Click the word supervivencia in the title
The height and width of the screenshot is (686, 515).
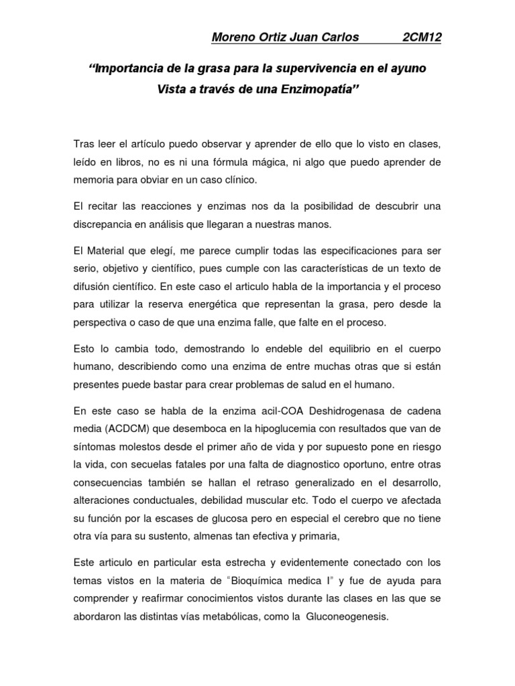pyautogui.click(x=300, y=68)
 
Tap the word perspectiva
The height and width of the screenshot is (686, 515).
pyautogui.click(x=100, y=322)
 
